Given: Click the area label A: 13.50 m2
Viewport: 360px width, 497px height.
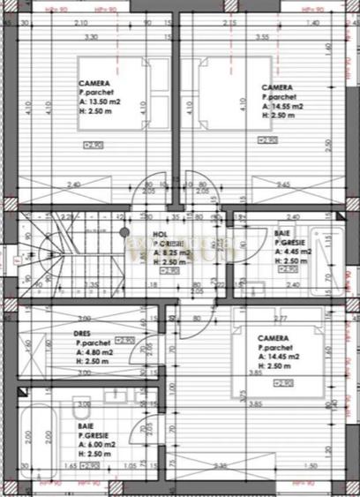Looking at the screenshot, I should tap(101, 102).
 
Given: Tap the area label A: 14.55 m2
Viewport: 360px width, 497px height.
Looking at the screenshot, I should tap(283, 106).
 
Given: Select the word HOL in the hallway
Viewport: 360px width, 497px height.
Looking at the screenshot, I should tap(160, 235).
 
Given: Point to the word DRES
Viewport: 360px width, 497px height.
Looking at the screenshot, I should tap(85, 333).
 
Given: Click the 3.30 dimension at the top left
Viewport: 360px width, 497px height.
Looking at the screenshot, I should tap(91, 38).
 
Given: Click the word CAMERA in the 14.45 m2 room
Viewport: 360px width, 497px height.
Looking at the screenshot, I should tap(276, 338).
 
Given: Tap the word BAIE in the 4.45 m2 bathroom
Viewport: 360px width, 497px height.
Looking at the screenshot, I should tap(281, 232).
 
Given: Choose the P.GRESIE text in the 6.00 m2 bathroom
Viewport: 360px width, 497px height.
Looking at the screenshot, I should tap(96, 435).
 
